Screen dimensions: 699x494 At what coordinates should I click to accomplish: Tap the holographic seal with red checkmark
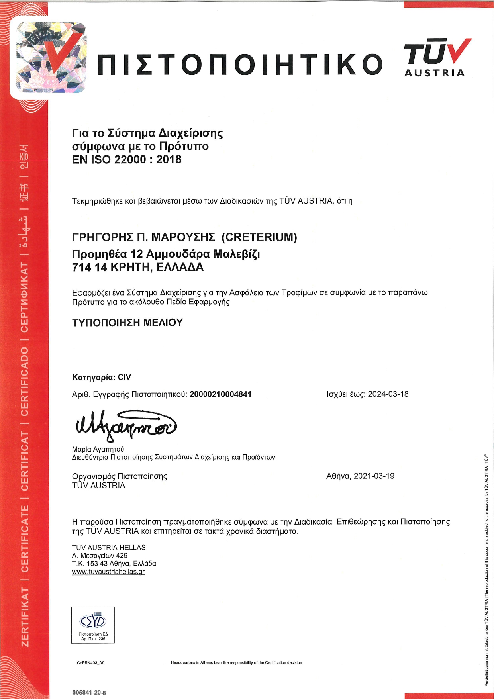point(51,57)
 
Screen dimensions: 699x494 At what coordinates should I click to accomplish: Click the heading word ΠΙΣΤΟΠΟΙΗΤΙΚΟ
point(240,65)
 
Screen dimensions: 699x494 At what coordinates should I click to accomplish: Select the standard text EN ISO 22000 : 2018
point(127,159)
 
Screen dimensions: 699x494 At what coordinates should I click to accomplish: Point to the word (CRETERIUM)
point(259,237)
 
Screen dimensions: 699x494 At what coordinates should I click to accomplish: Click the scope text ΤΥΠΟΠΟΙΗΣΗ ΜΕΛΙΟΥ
point(127,323)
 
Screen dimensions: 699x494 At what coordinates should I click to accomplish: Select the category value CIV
point(124,377)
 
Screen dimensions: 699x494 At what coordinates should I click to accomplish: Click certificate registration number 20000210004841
point(220,394)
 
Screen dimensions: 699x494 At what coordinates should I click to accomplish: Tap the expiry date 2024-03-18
point(388,394)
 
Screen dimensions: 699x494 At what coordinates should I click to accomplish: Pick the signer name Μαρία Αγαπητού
point(98,449)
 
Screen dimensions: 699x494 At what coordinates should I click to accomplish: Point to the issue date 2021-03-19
point(374,476)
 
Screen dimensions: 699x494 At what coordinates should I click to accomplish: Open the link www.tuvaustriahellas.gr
point(108,572)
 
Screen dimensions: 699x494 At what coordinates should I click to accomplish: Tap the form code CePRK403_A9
point(90,663)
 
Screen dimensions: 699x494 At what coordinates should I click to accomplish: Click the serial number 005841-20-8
point(89,693)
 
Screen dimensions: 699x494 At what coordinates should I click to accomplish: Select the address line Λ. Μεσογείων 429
point(100,556)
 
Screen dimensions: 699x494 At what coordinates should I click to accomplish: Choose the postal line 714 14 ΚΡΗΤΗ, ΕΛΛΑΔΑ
point(137,267)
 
